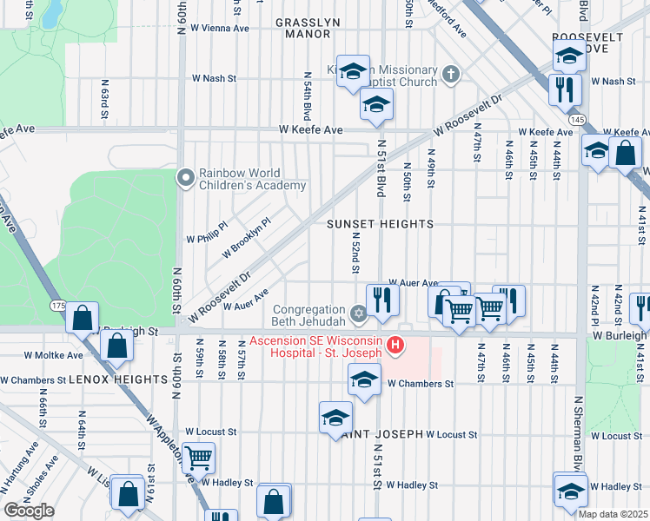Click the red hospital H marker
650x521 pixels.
coord(395,346)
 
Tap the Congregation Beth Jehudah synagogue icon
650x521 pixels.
coord(358,313)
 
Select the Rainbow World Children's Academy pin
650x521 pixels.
coord(185,178)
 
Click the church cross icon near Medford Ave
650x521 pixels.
coord(449,75)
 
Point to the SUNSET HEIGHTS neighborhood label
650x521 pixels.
coord(380,224)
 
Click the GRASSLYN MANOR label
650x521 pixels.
coord(303,28)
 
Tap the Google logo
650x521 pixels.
coord(29,511)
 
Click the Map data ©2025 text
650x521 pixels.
coord(614,514)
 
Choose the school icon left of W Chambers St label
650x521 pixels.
coord(365,378)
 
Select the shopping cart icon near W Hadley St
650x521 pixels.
coord(199,455)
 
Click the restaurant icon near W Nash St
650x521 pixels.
coord(565,88)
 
